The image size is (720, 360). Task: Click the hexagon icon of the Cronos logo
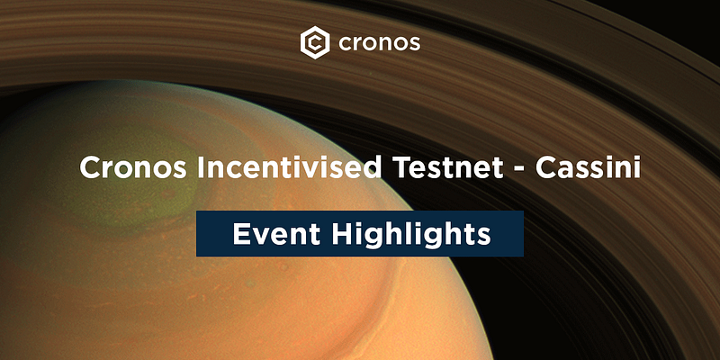point(314,42)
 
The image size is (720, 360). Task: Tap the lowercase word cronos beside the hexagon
point(379,43)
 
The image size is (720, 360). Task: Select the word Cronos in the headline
point(133,168)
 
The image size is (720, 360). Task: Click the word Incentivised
point(289,168)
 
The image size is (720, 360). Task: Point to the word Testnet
point(447,168)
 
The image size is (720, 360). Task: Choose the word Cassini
point(588,168)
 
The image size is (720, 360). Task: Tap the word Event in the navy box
point(276,234)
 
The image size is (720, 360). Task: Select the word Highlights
point(411,235)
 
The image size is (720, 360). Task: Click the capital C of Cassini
point(546,168)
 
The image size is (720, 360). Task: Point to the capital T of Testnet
point(401,168)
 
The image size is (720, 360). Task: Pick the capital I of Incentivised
point(201,168)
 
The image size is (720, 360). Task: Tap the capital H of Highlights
point(343,234)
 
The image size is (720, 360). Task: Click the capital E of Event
point(241,234)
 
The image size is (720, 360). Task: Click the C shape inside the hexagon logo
point(315,43)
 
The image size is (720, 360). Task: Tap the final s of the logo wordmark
point(415,44)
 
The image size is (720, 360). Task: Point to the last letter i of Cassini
point(637,168)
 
